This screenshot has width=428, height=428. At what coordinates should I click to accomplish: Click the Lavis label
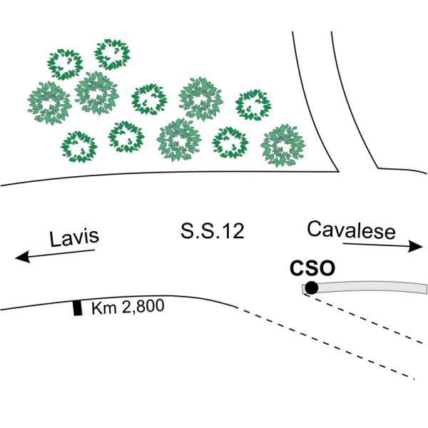[x=73, y=238]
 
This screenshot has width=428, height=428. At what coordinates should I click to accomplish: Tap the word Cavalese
[x=351, y=230]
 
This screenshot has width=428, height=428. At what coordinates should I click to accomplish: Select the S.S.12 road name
[x=212, y=231]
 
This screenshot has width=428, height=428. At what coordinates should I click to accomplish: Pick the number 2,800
[x=141, y=308]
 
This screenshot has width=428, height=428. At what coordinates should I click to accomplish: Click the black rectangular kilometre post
[x=78, y=308]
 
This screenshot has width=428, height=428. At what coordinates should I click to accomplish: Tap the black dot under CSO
[x=311, y=288]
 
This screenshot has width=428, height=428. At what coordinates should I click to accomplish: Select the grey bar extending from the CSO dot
[x=371, y=287]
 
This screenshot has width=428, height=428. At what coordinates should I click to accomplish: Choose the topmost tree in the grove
[x=112, y=54]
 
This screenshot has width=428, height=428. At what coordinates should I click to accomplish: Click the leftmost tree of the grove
[x=49, y=102]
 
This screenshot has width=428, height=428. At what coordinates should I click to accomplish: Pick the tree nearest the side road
[x=279, y=146]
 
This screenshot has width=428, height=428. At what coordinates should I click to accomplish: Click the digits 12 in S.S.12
[x=233, y=231]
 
